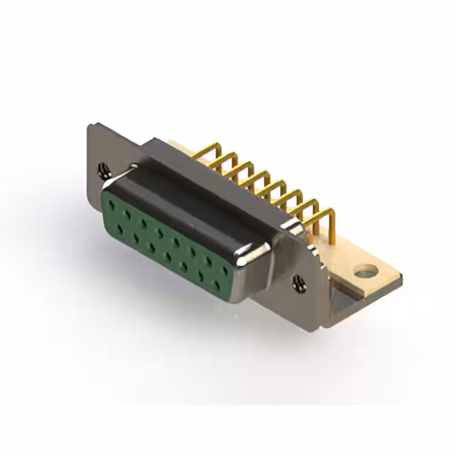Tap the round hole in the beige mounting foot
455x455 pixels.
pos(366,270)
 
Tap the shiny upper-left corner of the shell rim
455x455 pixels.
pos(132,168)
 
